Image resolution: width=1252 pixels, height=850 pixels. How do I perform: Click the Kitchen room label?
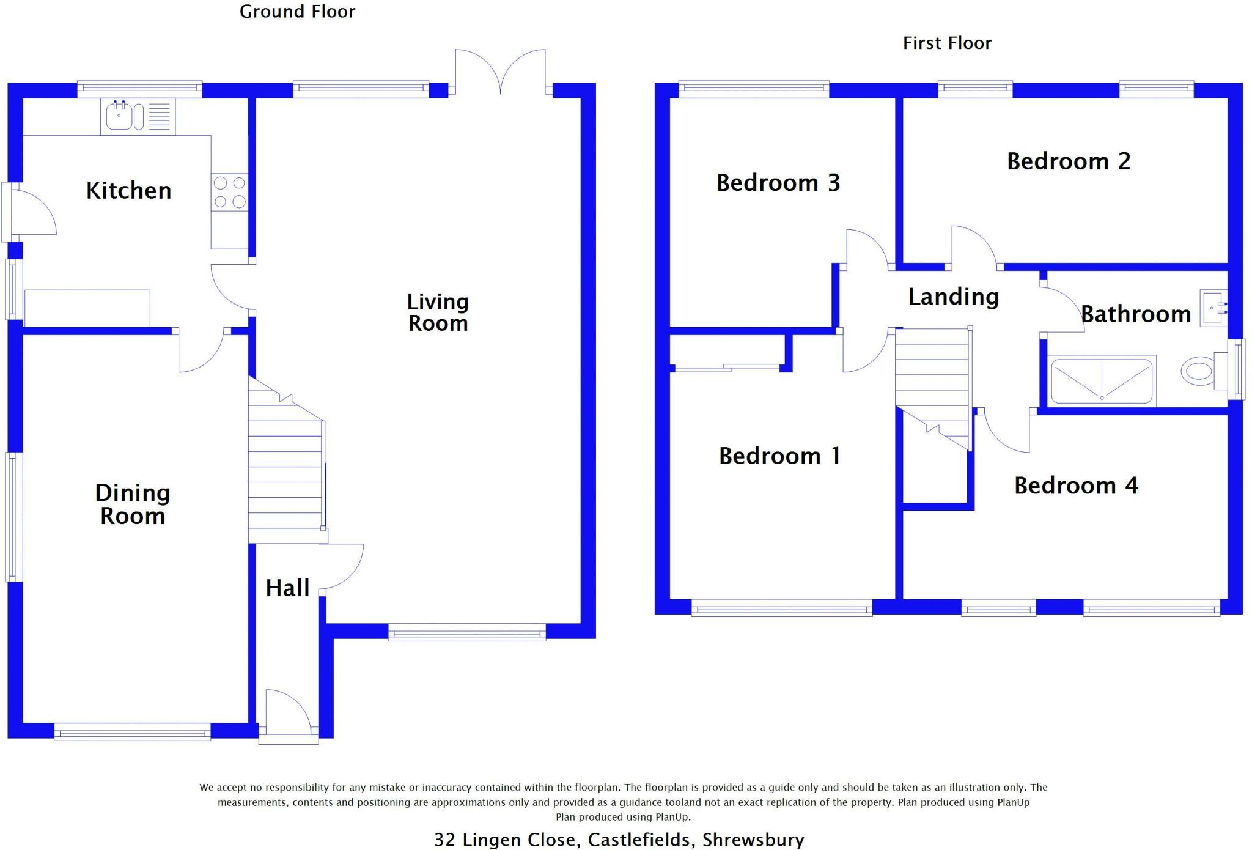(128, 191)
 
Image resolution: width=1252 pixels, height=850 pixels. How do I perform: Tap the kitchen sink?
(119, 116)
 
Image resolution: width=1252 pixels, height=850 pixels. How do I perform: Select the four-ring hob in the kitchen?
(230, 192)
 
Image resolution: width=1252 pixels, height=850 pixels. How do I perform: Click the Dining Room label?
(133, 504)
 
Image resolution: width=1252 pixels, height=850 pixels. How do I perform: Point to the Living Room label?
(438, 312)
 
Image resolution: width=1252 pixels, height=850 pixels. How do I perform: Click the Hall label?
(287, 588)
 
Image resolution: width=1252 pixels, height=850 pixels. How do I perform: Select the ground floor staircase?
(285, 465)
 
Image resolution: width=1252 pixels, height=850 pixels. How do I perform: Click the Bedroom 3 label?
(778, 183)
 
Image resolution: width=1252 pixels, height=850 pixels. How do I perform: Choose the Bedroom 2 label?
(1069, 161)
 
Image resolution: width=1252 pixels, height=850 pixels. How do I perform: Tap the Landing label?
(953, 297)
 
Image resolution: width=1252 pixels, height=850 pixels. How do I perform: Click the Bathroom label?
(1136, 314)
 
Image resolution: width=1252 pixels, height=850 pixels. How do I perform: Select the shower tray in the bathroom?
(1102, 381)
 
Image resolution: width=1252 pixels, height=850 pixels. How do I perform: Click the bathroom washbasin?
(1213, 308)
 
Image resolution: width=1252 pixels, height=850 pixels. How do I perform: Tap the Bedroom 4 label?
(1076, 486)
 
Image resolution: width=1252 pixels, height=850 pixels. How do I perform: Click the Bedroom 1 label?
(779, 456)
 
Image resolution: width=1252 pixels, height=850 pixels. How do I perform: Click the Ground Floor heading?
(297, 12)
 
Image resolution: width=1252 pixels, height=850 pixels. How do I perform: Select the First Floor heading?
(947, 43)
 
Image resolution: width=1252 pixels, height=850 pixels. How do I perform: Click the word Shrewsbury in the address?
(753, 840)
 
